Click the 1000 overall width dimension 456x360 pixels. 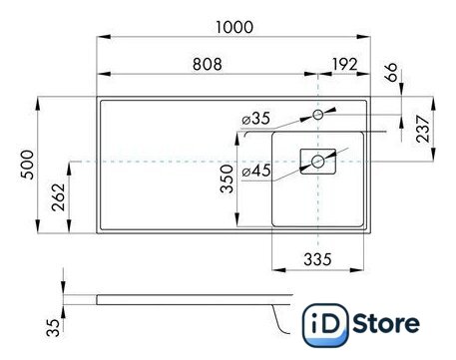point(234,27)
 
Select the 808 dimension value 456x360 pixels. point(208,64)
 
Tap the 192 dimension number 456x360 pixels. point(345,64)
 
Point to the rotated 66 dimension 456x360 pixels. point(391,72)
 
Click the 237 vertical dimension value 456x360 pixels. point(423,129)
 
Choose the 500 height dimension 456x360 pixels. point(27,165)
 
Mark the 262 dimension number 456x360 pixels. point(59,197)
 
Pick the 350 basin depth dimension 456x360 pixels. point(227,179)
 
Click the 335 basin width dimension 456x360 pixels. point(317,259)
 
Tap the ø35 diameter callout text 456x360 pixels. point(256,119)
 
